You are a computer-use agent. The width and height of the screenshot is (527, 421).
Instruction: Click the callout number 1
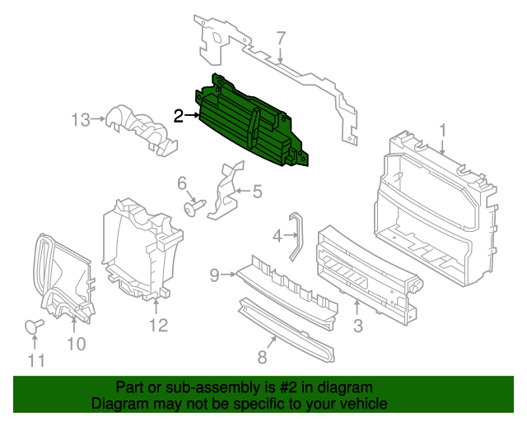(442, 129)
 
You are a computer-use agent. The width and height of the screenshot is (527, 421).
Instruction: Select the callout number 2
(179, 116)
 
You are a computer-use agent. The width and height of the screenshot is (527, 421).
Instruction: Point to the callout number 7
(280, 38)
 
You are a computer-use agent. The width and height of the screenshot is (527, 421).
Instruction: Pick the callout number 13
(81, 120)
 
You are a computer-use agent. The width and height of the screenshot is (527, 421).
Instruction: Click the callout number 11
(34, 359)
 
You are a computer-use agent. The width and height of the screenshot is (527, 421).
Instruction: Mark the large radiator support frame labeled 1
(432, 214)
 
